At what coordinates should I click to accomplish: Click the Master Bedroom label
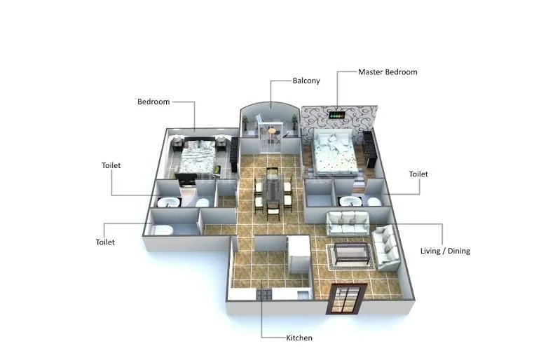[x=388, y=72]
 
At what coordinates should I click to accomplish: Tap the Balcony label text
[x=306, y=81]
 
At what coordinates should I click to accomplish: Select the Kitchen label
[x=299, y=338]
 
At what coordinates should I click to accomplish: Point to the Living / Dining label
[x=444, y=251]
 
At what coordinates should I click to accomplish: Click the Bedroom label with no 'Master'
[x=153, y=102]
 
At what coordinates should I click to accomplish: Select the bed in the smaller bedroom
[x=196, y=158]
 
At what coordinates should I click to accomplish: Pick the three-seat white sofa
[x=348, y=223]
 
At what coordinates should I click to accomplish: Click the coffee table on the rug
[x=351, y=254]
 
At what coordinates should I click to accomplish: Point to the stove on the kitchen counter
[x=264, y=295]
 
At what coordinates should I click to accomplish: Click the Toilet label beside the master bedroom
[x=418, y=174]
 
